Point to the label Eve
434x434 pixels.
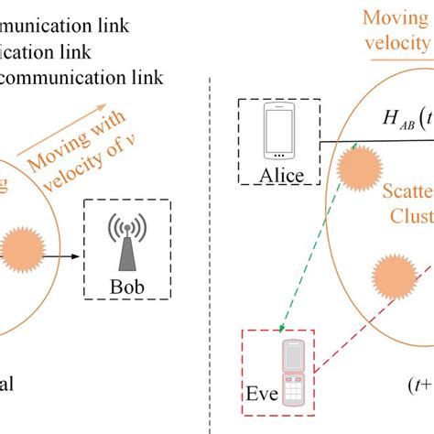[x=260, y=398]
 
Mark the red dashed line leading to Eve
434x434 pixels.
[x=366, y=330]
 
